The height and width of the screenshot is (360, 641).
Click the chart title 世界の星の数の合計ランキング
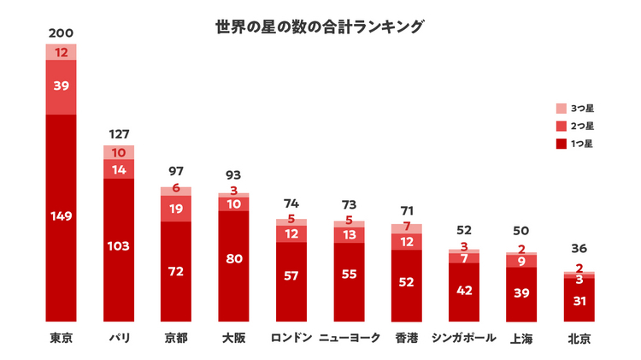[320, 27]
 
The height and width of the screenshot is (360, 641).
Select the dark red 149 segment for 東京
[61, 215]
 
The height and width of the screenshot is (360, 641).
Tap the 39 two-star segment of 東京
[61, 86]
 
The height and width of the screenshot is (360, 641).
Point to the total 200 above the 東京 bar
[61, 33]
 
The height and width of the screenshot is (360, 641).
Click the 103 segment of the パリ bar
[118, 246]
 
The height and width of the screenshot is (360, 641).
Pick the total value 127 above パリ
[118, 133]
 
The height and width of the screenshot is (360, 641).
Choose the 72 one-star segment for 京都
[176, 271]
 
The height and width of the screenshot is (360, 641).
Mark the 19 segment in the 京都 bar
[176, 209]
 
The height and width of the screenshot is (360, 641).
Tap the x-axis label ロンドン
[291, 338]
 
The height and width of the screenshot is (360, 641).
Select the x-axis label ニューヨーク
[349, 338]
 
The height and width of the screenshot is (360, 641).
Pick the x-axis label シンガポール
[464, 338]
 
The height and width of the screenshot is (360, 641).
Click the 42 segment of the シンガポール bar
[464, 291]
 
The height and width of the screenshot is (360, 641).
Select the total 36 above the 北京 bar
[579, 250]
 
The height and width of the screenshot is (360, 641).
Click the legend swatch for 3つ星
[561, 109]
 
